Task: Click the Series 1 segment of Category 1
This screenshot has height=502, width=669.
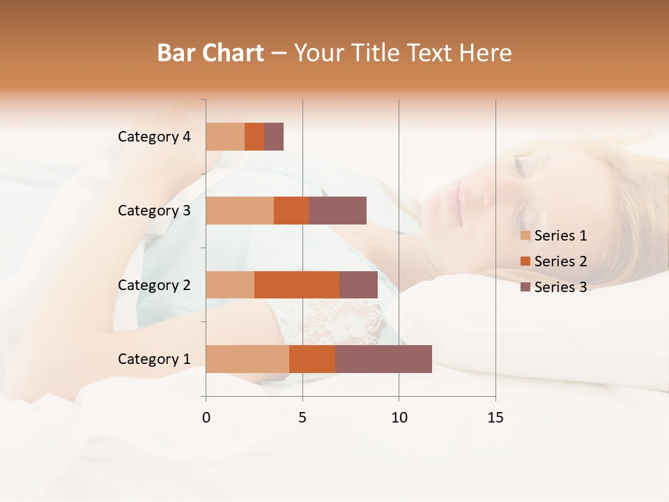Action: click(x=247, y=359)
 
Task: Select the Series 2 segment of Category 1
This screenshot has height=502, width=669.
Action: click(x=312, y=359)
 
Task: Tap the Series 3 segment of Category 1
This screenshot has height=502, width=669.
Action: click(x=383, y=359)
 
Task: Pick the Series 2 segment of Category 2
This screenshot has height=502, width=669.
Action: click(x=297, y=284)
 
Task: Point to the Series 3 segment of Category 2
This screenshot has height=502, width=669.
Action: click(x=358, y=284)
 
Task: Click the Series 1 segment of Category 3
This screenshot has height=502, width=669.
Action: click(x=240, y=211)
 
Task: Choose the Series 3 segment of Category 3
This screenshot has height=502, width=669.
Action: click(x=337, y=211)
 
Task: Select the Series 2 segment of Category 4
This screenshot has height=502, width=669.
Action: click(x=254, y=137)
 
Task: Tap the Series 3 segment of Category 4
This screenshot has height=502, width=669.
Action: click(x=274, y=137)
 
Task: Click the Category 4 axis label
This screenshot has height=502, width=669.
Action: click(x=154, y=137)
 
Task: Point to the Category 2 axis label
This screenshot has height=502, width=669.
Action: click(x=154, y=285)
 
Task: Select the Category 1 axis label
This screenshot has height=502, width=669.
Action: click(x=154, y=359)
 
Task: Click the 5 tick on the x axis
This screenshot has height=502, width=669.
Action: click(x=302, y=418)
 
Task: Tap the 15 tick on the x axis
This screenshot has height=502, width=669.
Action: click(x=495, y=418)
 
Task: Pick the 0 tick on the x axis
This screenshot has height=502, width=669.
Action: click(x=206, y=418)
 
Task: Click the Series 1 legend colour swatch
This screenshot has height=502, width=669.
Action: click(x=525, y=236)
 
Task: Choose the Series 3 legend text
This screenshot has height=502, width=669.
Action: click(x=560, y=287)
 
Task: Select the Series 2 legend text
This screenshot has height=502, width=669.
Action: click(x=560, y=261)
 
